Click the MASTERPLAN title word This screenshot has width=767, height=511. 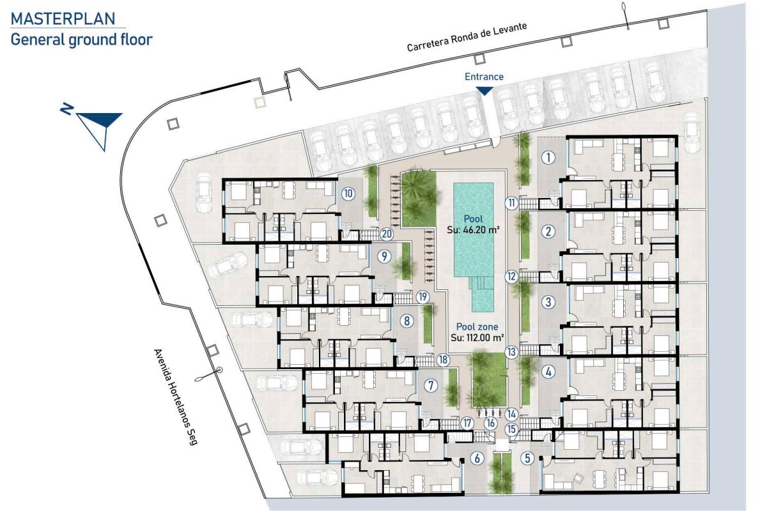pyautogui.click(x=63, y=19)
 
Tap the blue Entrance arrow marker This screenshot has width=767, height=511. pyautogui.click(x=484, y=91)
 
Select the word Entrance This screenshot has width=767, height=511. pyautogui.click(x=484, y=77)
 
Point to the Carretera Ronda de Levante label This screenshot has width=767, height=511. pyautogui.click(x=467, y=37)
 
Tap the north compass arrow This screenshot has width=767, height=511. pyautogui.click(x=92, y=127)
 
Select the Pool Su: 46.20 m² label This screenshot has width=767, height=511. pyautogui.click(x=473, y=224)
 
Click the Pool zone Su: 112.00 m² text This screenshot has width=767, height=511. pyautogui.click(x=477, y=332)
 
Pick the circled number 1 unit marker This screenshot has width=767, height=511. pyautogui.click(x=548, y=158)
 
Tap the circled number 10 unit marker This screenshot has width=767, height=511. pyautogui.click(x=348, y=194)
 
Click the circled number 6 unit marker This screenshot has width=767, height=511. pyautogui.click(x=477, y=458)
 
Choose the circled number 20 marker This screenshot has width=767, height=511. pyautogui.click(x=387, y=234)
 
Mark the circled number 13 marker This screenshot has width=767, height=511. pyautogui.click(x=511, y=352)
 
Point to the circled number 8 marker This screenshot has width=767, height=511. pyautogui.click(x=407, y=321)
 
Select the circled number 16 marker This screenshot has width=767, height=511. pyautogui.click(x=491, y=423)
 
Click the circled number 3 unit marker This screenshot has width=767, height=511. pyautogui.click(x=548, y=302)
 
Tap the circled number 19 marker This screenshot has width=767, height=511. pyautogui.click(x=422, y=296)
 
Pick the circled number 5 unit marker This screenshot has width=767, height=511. pyautogui.click(x=527, y=458)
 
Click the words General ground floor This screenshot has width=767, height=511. pyautogui.click(x=82, y=40)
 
